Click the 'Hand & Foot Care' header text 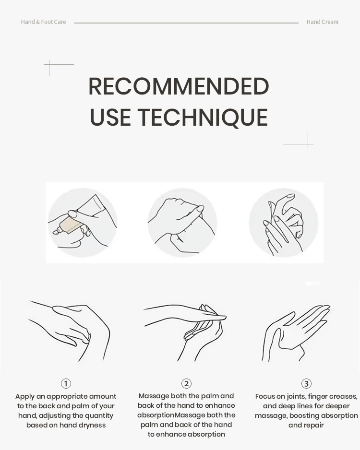43,22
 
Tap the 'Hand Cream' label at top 322,22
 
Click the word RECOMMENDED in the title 179,86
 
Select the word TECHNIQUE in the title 203,117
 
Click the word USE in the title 110,117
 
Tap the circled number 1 66,383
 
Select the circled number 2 186,383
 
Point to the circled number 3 306,383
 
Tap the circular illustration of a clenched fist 182,223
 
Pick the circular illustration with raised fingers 284,223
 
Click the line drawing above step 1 69,331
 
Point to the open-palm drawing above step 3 296,333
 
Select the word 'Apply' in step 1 25,397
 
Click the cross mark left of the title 49,65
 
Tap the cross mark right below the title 308,144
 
